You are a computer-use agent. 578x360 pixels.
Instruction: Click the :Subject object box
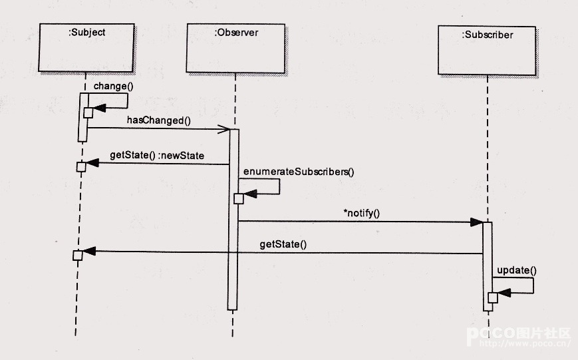click(86, 47)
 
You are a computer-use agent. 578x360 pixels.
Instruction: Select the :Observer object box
click(235, 48)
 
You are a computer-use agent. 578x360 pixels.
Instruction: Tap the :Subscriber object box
click(487, 50)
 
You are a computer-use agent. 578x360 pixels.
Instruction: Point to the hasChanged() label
click(159, 120)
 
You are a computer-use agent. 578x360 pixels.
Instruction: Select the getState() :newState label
click(157, 156)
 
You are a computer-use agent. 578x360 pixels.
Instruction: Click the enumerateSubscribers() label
click(299, 172)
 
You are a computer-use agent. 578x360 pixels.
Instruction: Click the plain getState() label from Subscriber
click(283, 244)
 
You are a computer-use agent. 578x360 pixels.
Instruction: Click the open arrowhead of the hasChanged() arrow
click(224, 128)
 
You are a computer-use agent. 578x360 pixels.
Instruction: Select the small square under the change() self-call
click(88, 112)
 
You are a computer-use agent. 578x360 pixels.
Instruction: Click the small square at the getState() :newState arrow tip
click(81, 166)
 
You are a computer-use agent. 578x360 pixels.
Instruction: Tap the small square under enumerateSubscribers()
click(239, 198)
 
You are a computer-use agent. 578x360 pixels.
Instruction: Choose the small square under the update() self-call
click(493, 297)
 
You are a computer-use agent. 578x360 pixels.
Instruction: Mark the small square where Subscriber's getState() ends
click(78, 256)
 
